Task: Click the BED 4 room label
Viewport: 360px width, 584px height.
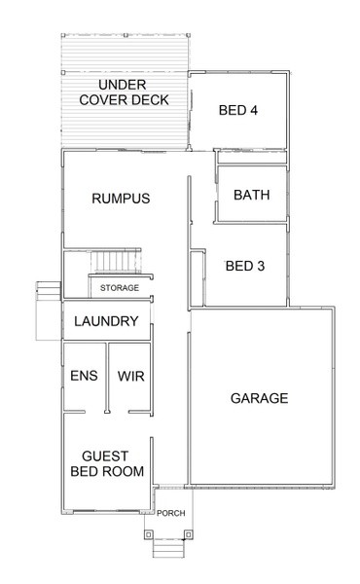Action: coord(237,110)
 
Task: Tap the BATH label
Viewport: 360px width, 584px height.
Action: coord(252,195)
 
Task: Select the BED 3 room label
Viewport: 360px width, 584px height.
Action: coord(245,266)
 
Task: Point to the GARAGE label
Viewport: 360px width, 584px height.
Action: coord(260,398)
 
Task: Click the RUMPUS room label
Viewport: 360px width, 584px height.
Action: coord(121,199)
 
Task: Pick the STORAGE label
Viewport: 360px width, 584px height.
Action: coord(120,288)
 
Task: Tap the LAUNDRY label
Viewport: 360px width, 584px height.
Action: coord(106,321)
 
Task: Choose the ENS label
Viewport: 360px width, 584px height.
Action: coord(84,376)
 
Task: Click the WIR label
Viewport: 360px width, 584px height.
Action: coord(131,376)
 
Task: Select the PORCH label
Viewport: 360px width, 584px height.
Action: coord(171,513)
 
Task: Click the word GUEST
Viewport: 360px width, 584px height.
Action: coord(105,456)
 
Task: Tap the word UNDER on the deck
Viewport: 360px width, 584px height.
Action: coord(123,85)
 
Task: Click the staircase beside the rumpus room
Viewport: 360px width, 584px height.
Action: coord(117,261)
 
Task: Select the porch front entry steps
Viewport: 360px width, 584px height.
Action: coord(168,548)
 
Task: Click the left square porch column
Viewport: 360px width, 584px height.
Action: coord(149,534)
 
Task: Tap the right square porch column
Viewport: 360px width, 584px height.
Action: coord(189,534)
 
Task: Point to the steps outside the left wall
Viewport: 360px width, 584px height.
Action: coord(48,291)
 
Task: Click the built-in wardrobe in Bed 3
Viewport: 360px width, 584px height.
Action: coord(198,278)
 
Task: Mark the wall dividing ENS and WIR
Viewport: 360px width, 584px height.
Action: coord(107,378)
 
